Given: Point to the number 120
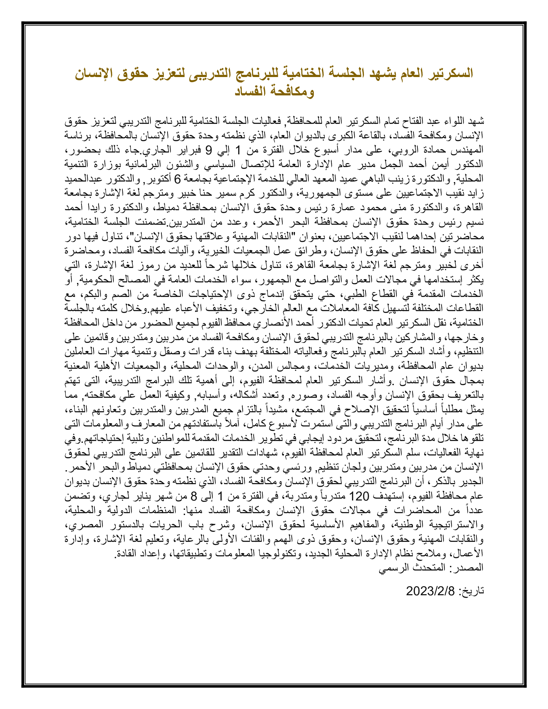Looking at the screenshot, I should pyautogui.click(x=359, y=496).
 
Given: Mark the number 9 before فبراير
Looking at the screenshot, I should pyautogui.click(x=209, y=150).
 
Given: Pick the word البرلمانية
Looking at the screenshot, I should pyautogui.click(x=143, y=165).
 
